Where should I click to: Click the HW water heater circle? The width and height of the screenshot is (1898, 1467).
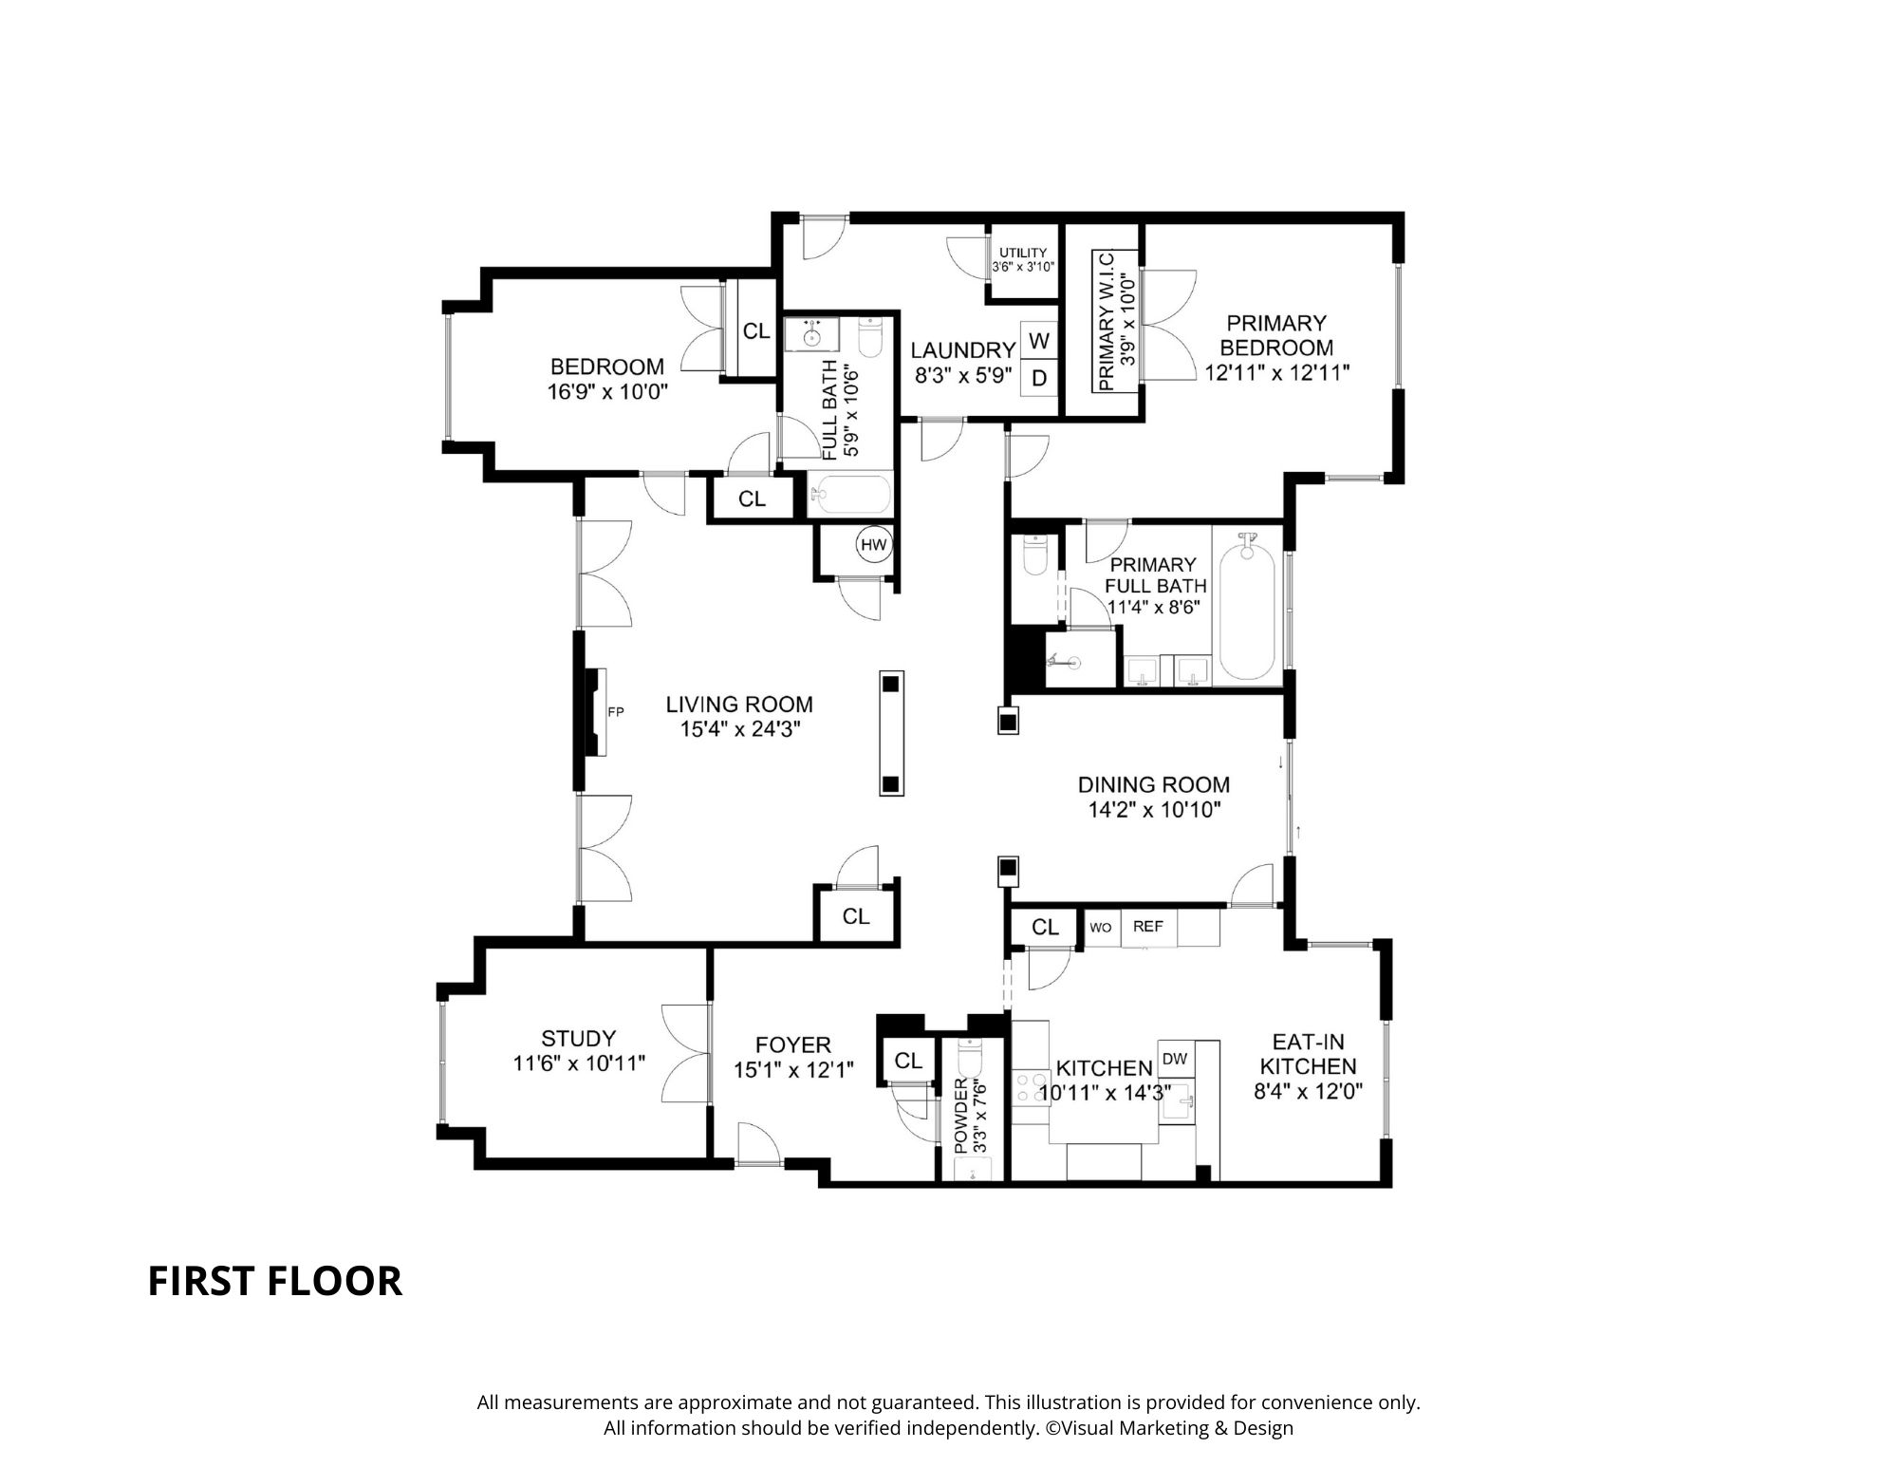[874, 545]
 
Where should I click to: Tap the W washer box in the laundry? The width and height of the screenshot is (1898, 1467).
[1039, 340]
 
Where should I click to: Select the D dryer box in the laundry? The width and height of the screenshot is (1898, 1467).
[1039, 378]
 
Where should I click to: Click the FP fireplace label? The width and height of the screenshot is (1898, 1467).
[615, 711]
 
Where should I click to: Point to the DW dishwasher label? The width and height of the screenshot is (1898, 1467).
[1174, 1059]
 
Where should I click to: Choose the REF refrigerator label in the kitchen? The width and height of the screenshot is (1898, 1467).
[1147, 926]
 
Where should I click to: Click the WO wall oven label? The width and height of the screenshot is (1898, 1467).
[1100, 927]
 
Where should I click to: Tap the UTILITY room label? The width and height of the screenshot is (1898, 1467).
[1022, 253]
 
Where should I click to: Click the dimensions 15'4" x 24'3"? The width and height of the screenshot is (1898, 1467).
[739, 729]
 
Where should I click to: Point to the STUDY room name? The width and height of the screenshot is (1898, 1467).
[578, 1038]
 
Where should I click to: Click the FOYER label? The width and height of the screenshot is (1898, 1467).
[793, 1045]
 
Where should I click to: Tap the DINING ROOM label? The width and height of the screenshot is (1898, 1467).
[1153, 784]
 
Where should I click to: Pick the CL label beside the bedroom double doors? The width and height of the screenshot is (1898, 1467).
[755, 331]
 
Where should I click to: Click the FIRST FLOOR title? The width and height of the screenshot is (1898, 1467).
[274, 1281]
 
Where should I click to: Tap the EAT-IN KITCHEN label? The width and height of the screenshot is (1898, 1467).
[1308, 1053]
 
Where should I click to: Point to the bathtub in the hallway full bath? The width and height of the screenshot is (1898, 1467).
[851, 495]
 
